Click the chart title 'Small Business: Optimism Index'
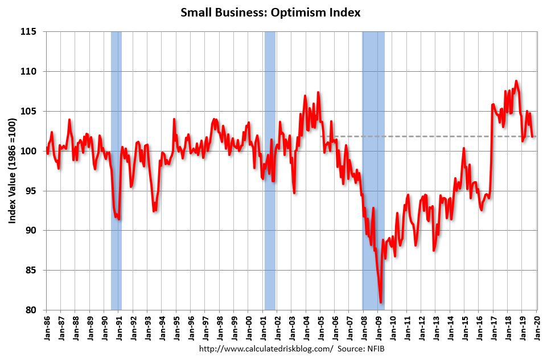pyautogui.click(x=271, y=13)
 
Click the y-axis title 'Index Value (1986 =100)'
pyautogui.click(x=12, y=171)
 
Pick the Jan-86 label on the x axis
pyautogui.click(x=47, y=328)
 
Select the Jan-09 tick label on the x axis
pyautogui.click(x=377, y=328)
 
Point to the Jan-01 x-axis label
pyautogui.click(x=262, y=328)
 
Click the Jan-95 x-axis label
pyautogui.click(x=176, y=328)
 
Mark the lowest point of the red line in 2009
pyautogui.click(x=381, y=302)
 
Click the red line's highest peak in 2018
pyautogui.click(x=516, y=81)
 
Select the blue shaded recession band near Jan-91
pyautogui.click(x=116, y=171)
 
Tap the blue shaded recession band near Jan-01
pyautogui.click(x=270, y=171)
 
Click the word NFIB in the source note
pyautogui.click(x=375, y=348)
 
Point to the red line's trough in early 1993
pyautogui.click(x=154, y=211)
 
